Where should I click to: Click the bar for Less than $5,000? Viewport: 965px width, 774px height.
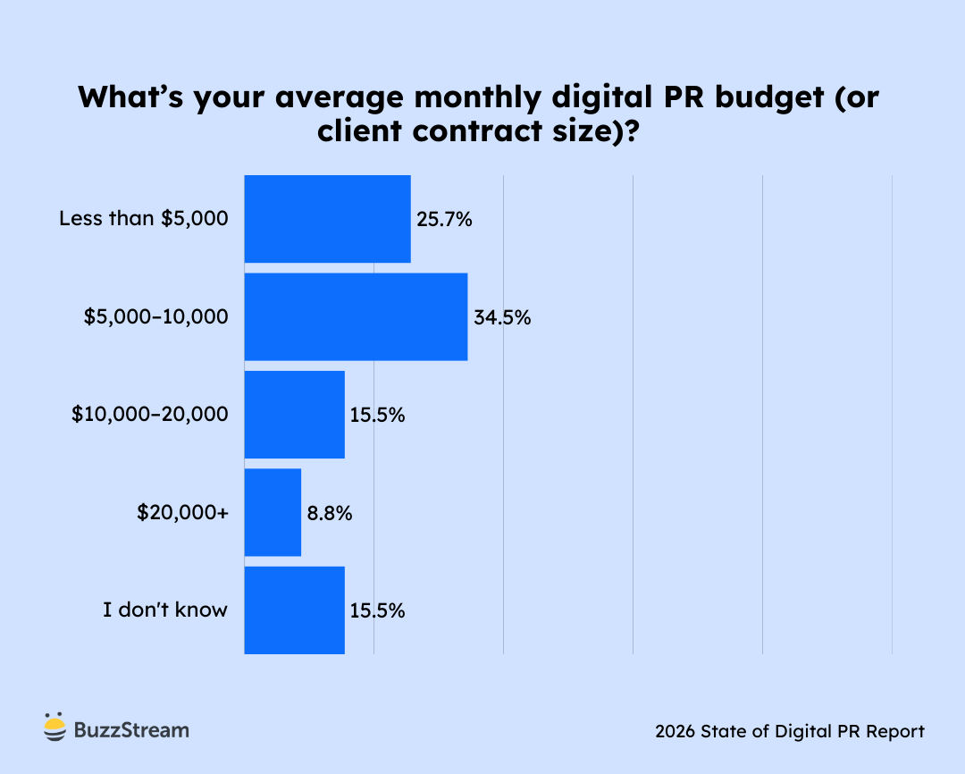(x=327, y=219)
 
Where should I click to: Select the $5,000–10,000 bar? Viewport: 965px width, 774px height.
(x=356, y=316)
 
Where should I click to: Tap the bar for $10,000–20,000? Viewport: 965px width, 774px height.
(x=294, y=415)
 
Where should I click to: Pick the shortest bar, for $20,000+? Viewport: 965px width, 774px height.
(x=273, y=512)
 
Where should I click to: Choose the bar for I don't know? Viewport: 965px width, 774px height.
(x=294, y=610)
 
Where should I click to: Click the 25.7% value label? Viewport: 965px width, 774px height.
(x=444, y=219)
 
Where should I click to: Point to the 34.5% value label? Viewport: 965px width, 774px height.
(x=502, y=317)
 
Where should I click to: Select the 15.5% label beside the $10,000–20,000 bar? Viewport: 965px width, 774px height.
(x=377, y=415)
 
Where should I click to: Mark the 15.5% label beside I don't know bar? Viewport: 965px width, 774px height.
(x=377, y=610)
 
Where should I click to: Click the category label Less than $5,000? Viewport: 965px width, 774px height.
(x=144, y=219)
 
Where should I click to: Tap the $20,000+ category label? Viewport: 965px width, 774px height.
(x=182, y=513)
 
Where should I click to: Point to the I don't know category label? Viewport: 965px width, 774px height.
(x=165, y=610)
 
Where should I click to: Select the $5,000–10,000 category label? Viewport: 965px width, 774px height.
(x=155, y=317)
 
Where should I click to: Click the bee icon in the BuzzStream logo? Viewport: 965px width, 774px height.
(x=55, y=728)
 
